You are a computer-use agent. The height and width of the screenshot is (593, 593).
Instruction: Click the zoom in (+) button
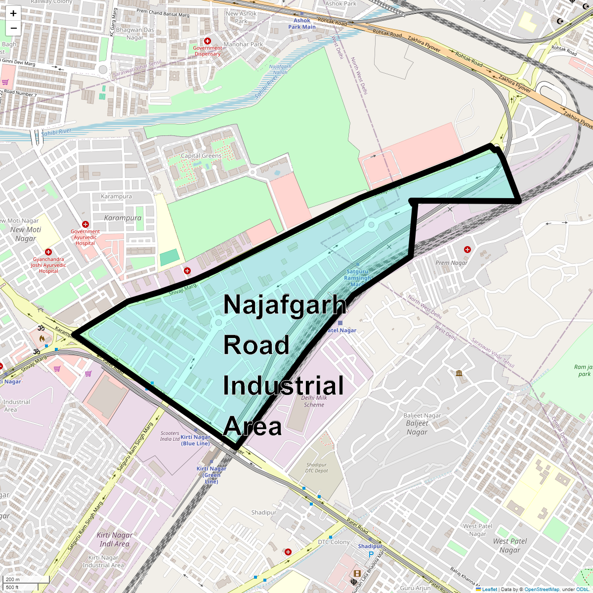pyautogui.click(x=13, y=13)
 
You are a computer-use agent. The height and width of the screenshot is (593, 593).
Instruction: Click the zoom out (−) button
pyautogui.click(x=13, y=28)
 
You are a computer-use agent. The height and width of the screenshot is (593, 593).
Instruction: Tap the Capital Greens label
pyautogui.click(x=201, y=156)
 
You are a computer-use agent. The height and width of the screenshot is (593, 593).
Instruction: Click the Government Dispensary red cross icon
pyautogui.click(x=208, y=41)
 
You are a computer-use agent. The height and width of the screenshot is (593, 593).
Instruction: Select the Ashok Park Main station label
pyautogui.click(x=302, y=24)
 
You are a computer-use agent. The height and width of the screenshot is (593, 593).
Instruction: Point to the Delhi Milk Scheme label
pyautogui.click(x=314, y=401)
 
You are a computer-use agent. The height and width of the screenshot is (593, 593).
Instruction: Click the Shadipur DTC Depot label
pyautogui.click(x=316, y=467)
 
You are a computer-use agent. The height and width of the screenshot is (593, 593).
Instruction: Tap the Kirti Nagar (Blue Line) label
pyautogui.click(x=195, y=440)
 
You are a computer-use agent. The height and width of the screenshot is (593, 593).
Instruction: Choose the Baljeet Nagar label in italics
pyautogui.click(x=417, y=427)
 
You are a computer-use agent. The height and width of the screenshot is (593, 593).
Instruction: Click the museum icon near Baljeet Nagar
pyautogui.click(x=460, y=373)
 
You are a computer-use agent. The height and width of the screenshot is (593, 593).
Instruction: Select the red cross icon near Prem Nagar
pyautogui.click(x=467, y=250)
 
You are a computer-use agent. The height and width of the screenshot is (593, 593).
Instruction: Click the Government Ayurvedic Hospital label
pyautogui.click(x=85, y=237)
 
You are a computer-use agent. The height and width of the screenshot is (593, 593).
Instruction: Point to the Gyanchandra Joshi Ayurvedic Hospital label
pyautogui.click(x=48, y=265)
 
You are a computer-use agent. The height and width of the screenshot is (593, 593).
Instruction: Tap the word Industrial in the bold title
pyautogui.click(x=283, y=386)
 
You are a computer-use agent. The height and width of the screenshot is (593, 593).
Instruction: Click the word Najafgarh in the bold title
pyautogui.click(x=285, y=304)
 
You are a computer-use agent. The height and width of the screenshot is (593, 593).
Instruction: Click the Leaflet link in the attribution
pyautogui.click(x=489, y=589)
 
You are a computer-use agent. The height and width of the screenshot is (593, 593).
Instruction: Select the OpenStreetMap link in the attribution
pyautogui.click(x=542, y=589)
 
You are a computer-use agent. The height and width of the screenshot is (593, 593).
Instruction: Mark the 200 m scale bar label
pyautogui.click(x=13, y=580)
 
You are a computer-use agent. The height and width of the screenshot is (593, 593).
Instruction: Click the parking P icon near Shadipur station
pyautogui.click(x=371, y=554)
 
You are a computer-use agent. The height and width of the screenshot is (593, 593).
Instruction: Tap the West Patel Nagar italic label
pyautogui.click(x=510, y=546)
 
